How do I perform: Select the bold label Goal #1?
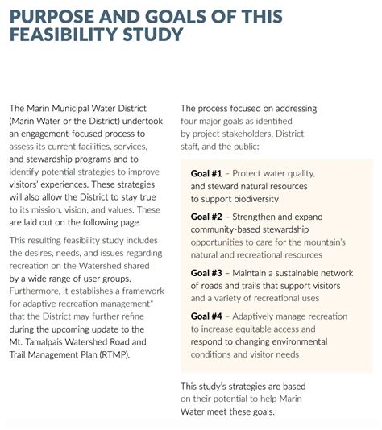(x=205, y=173)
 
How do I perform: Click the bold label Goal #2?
(x=205, y=217)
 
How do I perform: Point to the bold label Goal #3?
(x=205, y=273)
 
